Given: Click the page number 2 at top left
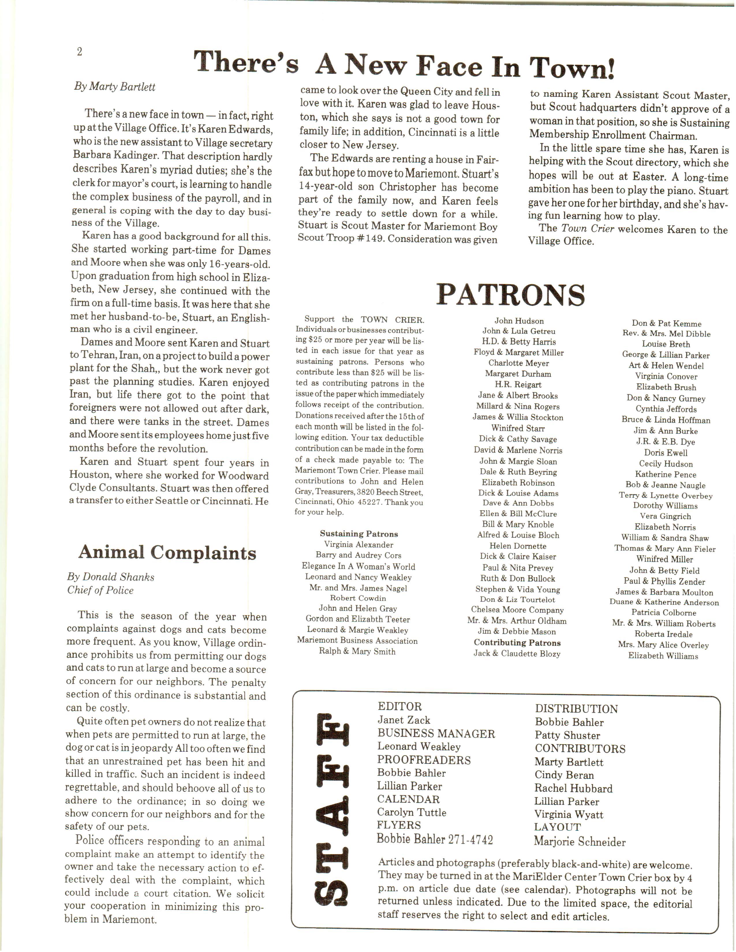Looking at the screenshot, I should (79, 52).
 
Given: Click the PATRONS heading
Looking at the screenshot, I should (511, 295).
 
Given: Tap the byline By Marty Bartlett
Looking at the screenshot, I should (114, 87).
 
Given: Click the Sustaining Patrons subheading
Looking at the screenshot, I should (359, 533).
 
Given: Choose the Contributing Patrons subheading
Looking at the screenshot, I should (517, 642).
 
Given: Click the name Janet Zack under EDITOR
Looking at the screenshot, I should (404, 720).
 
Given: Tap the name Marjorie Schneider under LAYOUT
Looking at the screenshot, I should (580, 842).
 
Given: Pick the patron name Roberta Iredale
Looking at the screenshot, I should (663, 634).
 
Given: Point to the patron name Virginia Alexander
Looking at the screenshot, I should (358, 544).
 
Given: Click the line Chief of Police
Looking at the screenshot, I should (100, 590).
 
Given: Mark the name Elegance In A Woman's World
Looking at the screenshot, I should (358, 566).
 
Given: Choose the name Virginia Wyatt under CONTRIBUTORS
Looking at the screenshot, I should (569, 814).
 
